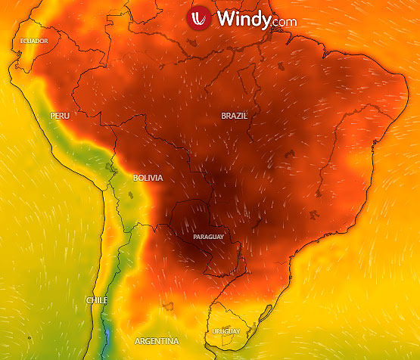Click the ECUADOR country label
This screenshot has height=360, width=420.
34,40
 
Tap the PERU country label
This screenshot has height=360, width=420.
60,116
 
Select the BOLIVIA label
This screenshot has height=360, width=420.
148,178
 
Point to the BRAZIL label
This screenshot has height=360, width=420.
234,116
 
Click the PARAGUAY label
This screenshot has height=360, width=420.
209,237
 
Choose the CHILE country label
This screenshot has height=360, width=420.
96,300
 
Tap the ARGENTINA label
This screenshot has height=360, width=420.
156,341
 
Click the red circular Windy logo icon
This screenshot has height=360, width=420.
198,20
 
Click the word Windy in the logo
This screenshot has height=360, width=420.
241,19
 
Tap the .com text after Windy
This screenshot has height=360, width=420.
282,22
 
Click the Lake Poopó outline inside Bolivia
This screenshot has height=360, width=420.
132,195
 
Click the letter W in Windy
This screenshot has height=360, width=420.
225,19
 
